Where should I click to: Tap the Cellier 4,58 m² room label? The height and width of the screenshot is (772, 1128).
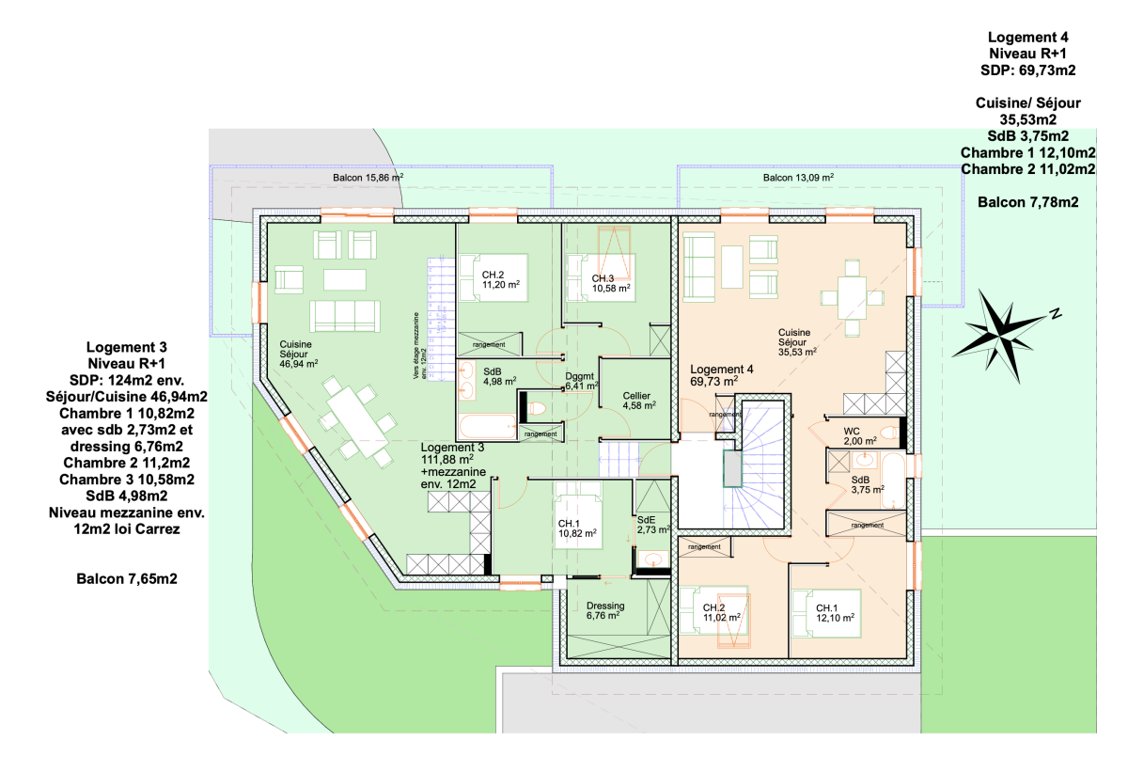pyautogui.click(x=639, y=401)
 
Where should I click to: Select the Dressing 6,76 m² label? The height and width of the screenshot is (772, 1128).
pyautogui.click(x=605, y=610)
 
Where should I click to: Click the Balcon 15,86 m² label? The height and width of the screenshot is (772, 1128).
pyautogui.click(x=368, y=178)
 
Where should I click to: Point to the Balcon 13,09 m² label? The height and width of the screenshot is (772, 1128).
pyautogui.click(x=798, y=178)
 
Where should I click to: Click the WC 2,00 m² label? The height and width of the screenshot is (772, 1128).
pyautogui.click(x=860, y=436)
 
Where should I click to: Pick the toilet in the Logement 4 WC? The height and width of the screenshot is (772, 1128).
pyautogui.click(x=889, y=433)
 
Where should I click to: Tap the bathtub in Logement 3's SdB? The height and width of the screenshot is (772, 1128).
pyautogui.click(x=488, y=426)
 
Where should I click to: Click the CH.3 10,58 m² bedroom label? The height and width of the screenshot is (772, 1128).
pyautogui.click(x=611, y=283)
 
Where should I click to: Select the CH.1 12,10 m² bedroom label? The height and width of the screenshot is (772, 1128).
pyautogui.click(x=835, y=613)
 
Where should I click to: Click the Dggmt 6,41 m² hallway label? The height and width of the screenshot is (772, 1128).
pyautogui.click(x=582, y=381)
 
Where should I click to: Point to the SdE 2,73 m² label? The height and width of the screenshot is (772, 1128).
pyautogui.click(x=653, y=525)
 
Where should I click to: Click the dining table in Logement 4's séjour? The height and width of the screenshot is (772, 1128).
pyautogui.click(x=852, y=298)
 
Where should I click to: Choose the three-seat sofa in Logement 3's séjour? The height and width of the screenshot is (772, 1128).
pyautogui.click(x=345, y=316)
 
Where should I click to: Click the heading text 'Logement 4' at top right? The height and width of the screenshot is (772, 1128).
pyautogui.click(x=1027, y=38)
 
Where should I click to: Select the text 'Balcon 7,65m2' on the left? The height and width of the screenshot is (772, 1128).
pyautogui.click(x=127, y=578)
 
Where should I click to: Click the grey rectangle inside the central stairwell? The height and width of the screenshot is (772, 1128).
pyautogui.click(x=732, y=468)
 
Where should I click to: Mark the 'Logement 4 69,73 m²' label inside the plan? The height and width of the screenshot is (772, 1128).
pyautogui.click(x=722, y=375)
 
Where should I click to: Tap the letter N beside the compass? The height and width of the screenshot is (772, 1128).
pyautogui.click(x=1056, y=313)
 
